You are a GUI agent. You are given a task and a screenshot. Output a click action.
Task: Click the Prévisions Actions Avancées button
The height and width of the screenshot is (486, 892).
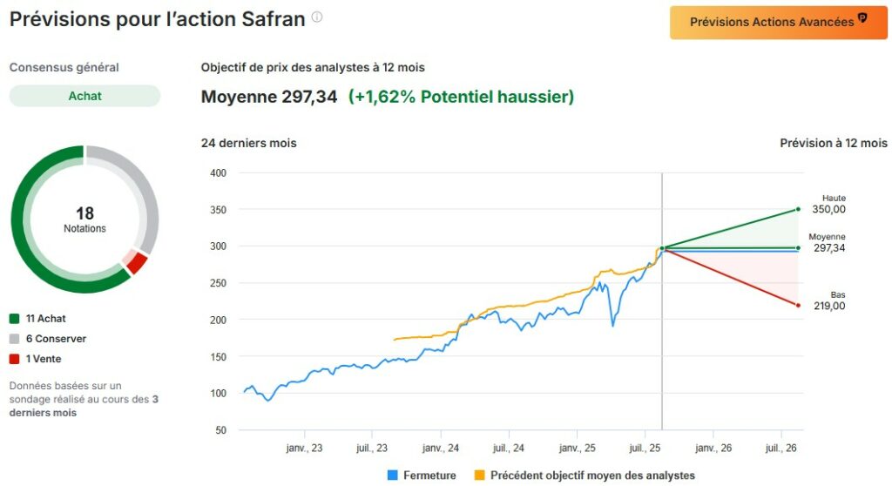click(x=778, y=23)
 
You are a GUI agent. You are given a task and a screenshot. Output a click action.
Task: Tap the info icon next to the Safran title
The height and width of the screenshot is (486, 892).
click(x=317, y=17)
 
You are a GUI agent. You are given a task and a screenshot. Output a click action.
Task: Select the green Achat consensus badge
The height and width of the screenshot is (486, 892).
click(x=84, y=96)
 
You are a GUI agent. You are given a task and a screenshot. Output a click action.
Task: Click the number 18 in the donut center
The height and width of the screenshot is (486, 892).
click(x=84, y=213)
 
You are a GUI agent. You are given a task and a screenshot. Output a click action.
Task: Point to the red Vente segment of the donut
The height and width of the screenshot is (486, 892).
click(x=136, y=263)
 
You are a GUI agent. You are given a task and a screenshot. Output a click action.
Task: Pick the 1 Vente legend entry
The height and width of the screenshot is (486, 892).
click(x=36, y=359)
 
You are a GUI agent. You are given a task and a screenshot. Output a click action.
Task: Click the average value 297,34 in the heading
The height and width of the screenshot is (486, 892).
click(x=309, y=97)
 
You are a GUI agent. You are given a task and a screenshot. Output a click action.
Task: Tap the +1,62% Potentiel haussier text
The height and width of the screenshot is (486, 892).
click(x=461, y=97)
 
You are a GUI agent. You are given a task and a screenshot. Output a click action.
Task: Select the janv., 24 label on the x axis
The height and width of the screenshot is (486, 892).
click(x=441, y=449)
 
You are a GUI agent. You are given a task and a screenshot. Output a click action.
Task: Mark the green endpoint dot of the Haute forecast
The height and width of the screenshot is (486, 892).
click(x=798, y=209)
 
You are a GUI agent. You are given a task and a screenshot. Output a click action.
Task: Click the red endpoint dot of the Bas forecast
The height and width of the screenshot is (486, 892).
click(x=798, y=305)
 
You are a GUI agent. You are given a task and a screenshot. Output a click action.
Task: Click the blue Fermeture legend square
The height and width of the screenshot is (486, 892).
click(x=393, y=476)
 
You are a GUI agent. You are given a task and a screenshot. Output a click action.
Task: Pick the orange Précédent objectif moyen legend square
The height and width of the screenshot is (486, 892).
click(x=480, y=476)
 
